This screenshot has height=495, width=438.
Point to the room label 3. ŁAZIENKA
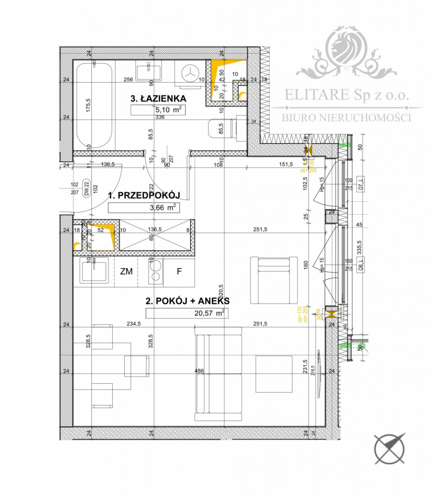(x=158, y=99)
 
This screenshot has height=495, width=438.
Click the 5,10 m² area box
(x=158, y=110)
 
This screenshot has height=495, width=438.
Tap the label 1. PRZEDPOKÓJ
(x=144, y=195)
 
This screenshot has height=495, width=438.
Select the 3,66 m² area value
(x=144, y=208)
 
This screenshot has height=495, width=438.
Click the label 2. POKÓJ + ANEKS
(x=188, y=301)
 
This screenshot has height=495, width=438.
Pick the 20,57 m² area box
(x=187, y=313)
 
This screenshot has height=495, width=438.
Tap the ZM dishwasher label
(x=126, y=272)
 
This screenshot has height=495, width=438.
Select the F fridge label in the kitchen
(x=179, y=272)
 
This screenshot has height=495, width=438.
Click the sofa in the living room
(x=218, y=374)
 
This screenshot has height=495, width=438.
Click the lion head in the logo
(x=346, y=46)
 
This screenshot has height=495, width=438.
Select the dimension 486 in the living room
(x=199, y=371)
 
